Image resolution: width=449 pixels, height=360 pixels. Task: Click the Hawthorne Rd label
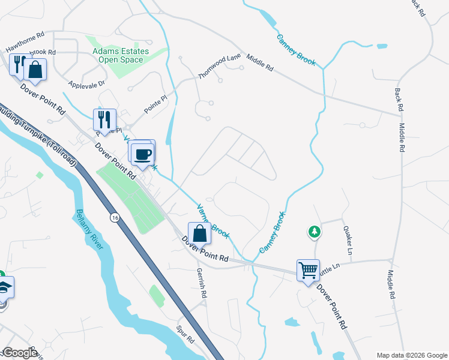25,41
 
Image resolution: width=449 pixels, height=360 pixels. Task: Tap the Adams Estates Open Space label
118,55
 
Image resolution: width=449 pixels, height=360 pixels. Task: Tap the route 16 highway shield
114,217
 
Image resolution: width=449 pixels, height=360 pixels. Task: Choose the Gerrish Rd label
202,283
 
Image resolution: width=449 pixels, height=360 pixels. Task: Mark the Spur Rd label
185,335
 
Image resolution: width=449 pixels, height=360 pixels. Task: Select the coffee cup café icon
143,154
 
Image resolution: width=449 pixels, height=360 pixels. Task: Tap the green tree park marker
314,232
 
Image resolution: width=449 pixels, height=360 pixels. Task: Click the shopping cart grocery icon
308,270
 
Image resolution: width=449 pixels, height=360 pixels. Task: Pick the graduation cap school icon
5,288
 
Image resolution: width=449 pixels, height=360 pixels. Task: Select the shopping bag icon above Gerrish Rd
199,233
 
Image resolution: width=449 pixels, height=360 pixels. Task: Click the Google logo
19,353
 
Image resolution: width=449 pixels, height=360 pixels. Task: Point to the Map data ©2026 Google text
412,355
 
